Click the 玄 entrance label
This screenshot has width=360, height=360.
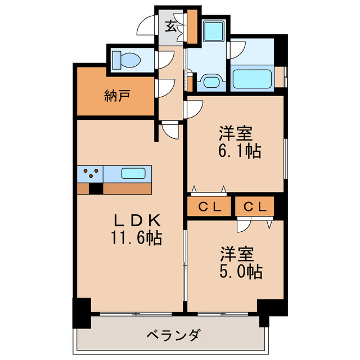pos(170,25)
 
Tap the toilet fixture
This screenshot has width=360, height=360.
pos(127,58)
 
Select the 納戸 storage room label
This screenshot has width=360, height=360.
pos(118,95)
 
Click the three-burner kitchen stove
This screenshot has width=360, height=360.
pos(90,173)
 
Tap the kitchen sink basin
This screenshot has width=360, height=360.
pos(134,173)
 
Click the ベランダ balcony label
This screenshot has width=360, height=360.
pos(173,335)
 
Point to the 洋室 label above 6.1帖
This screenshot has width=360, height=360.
pos(236,133)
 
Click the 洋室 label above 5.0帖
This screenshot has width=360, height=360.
pos(236,253)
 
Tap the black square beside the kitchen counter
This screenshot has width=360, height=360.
pos(96,189)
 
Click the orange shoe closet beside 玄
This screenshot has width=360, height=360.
pos(192,26)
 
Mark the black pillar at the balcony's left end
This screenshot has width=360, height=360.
pos(82,313)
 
